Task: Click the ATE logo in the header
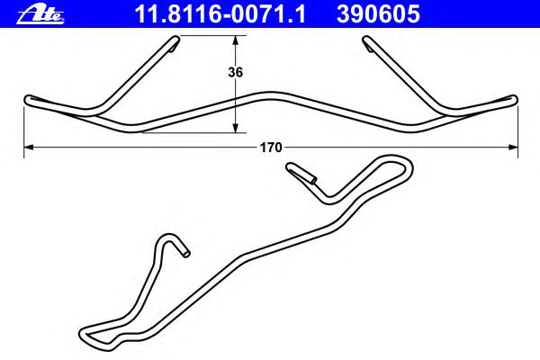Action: [40, 14]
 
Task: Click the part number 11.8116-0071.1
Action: [220, 14]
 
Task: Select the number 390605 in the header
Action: [378, 14]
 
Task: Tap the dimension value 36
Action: [236, 72]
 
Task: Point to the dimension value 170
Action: [271, 148]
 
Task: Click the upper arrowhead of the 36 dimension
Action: [236, 40]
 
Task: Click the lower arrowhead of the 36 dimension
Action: [236, 128]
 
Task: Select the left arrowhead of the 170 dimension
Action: [29, 148]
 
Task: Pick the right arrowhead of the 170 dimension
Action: [513, 148]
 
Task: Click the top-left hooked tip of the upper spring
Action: [175, 42]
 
